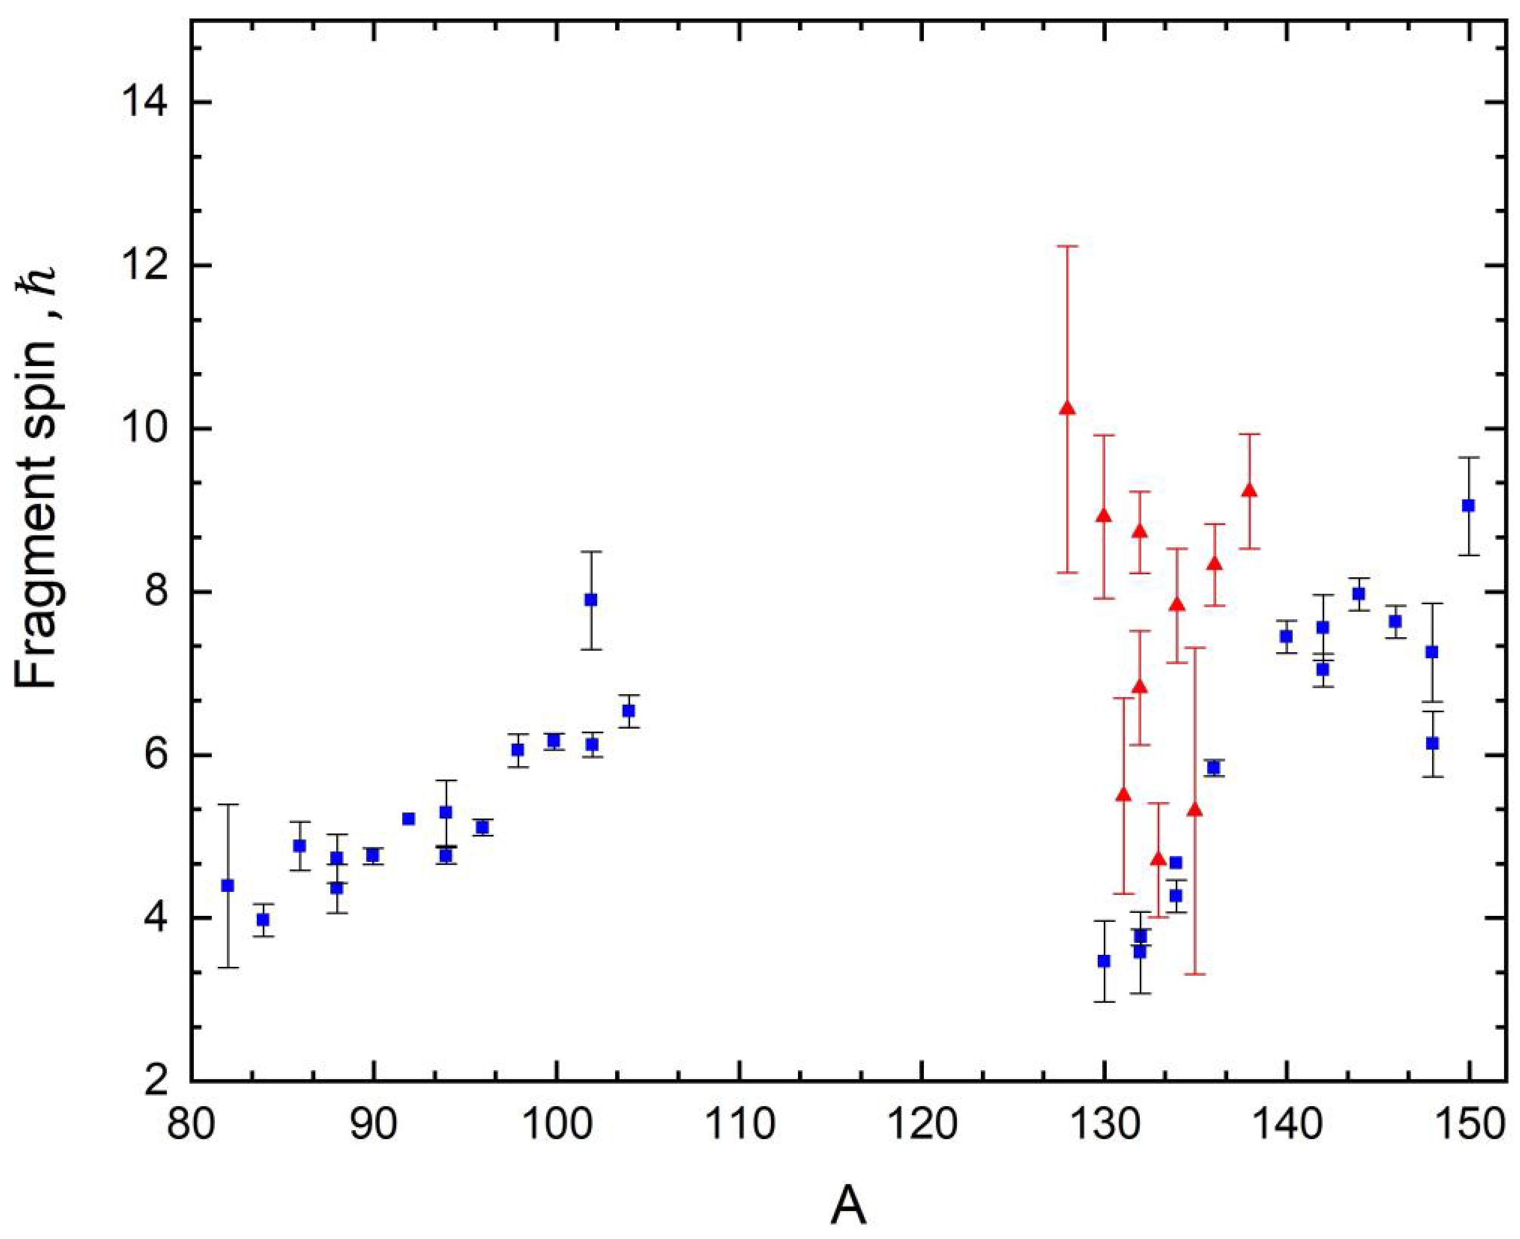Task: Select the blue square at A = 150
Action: (1468, 505)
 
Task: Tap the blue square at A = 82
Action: (228, 886)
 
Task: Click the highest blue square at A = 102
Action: (591, 599)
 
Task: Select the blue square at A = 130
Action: (1104, 961)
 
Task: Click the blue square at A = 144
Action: (1359, 594)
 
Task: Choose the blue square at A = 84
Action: (263, 919)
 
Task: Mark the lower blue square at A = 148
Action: (1432, 743)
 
